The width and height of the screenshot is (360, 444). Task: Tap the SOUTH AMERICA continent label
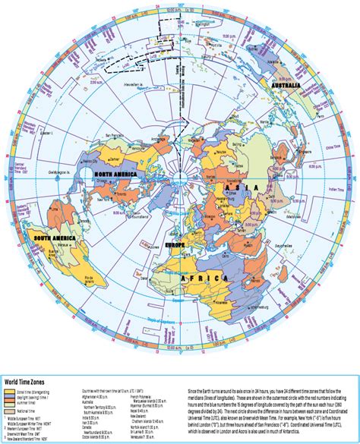click(x=54, y=239)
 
